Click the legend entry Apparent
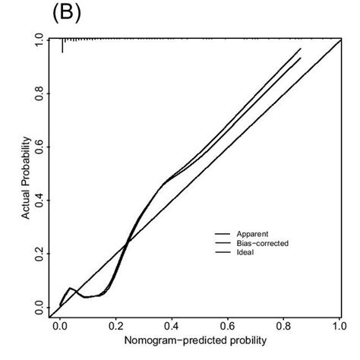[x=252, y=234]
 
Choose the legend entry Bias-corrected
[x=261, y=243]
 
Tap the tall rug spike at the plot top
[x=62, y=46]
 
